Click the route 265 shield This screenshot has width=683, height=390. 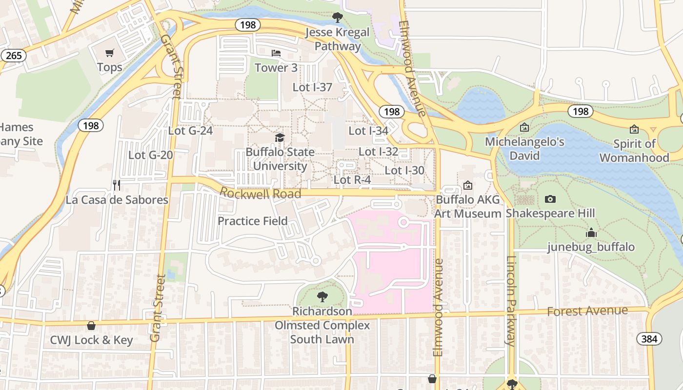14,56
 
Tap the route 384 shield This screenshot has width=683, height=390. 649,339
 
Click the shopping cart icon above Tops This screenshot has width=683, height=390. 110,53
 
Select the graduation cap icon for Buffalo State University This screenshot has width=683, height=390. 280,137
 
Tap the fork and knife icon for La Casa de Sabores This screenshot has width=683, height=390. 117,185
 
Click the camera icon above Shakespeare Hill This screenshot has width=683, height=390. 550,199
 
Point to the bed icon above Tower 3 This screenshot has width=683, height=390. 276,53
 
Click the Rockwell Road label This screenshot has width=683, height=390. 260,194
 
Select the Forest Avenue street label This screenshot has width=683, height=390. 587,311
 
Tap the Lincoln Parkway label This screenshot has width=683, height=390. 511,301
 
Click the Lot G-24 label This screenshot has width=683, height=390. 190,131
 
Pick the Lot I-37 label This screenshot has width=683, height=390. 312,87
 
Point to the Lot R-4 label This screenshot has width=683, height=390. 352,180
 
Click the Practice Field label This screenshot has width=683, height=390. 252,221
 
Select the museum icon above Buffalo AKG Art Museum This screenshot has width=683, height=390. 468,185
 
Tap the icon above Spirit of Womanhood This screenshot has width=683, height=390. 634,129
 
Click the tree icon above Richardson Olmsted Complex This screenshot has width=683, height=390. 322,296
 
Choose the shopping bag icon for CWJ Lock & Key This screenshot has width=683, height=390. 91,326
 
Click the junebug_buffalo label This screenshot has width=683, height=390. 591,247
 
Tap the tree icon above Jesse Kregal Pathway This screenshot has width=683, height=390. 337,18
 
